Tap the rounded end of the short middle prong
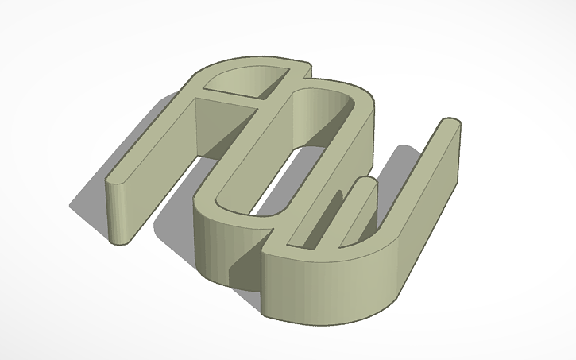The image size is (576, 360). coord(364,184)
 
